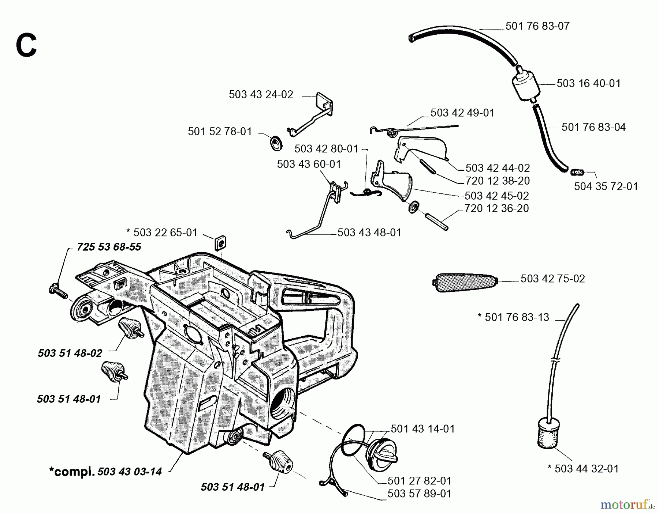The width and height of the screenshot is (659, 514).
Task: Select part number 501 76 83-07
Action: (537, 26)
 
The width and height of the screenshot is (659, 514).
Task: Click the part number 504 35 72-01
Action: (606, 186)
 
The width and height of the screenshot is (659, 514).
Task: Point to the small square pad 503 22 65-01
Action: (220, 242)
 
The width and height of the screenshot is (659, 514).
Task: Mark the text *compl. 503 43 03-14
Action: (105, 472)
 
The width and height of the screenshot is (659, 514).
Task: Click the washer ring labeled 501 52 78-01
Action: (276, 142)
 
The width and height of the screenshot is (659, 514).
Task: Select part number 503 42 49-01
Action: (462, 113)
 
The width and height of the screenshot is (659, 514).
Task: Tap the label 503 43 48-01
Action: (369, 233)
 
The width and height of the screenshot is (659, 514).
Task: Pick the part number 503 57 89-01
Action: (419, 494)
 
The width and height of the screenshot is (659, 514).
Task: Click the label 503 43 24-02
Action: (261, 95)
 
